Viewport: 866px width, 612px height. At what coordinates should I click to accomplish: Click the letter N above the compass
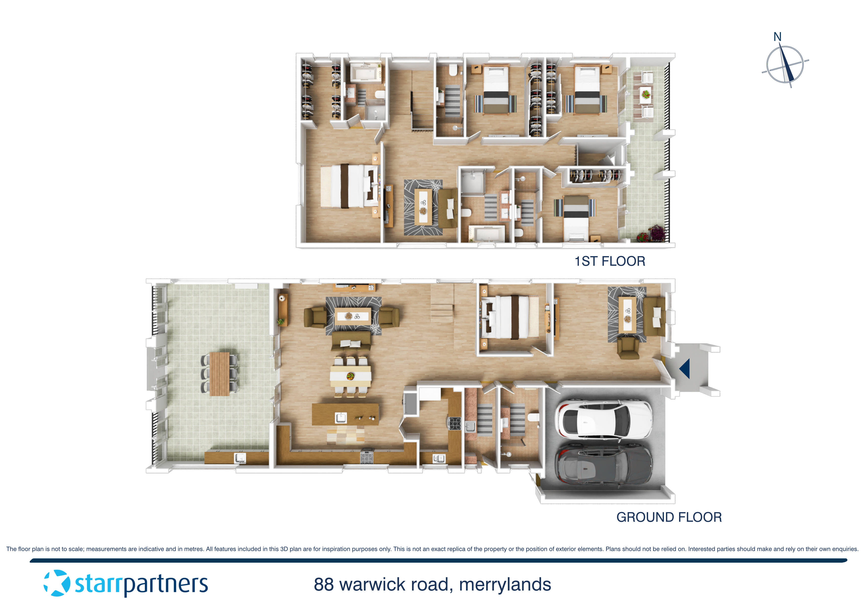click(777, 37)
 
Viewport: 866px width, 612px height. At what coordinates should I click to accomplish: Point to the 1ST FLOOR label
click(610, 261)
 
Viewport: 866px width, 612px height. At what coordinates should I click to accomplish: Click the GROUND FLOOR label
click(669, 517)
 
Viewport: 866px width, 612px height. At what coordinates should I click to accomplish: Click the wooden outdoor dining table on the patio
click(219, 374)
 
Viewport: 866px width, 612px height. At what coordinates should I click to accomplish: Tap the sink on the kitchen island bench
click(341, 418)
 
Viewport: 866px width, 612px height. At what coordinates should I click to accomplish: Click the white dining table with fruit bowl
click(350, 376)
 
